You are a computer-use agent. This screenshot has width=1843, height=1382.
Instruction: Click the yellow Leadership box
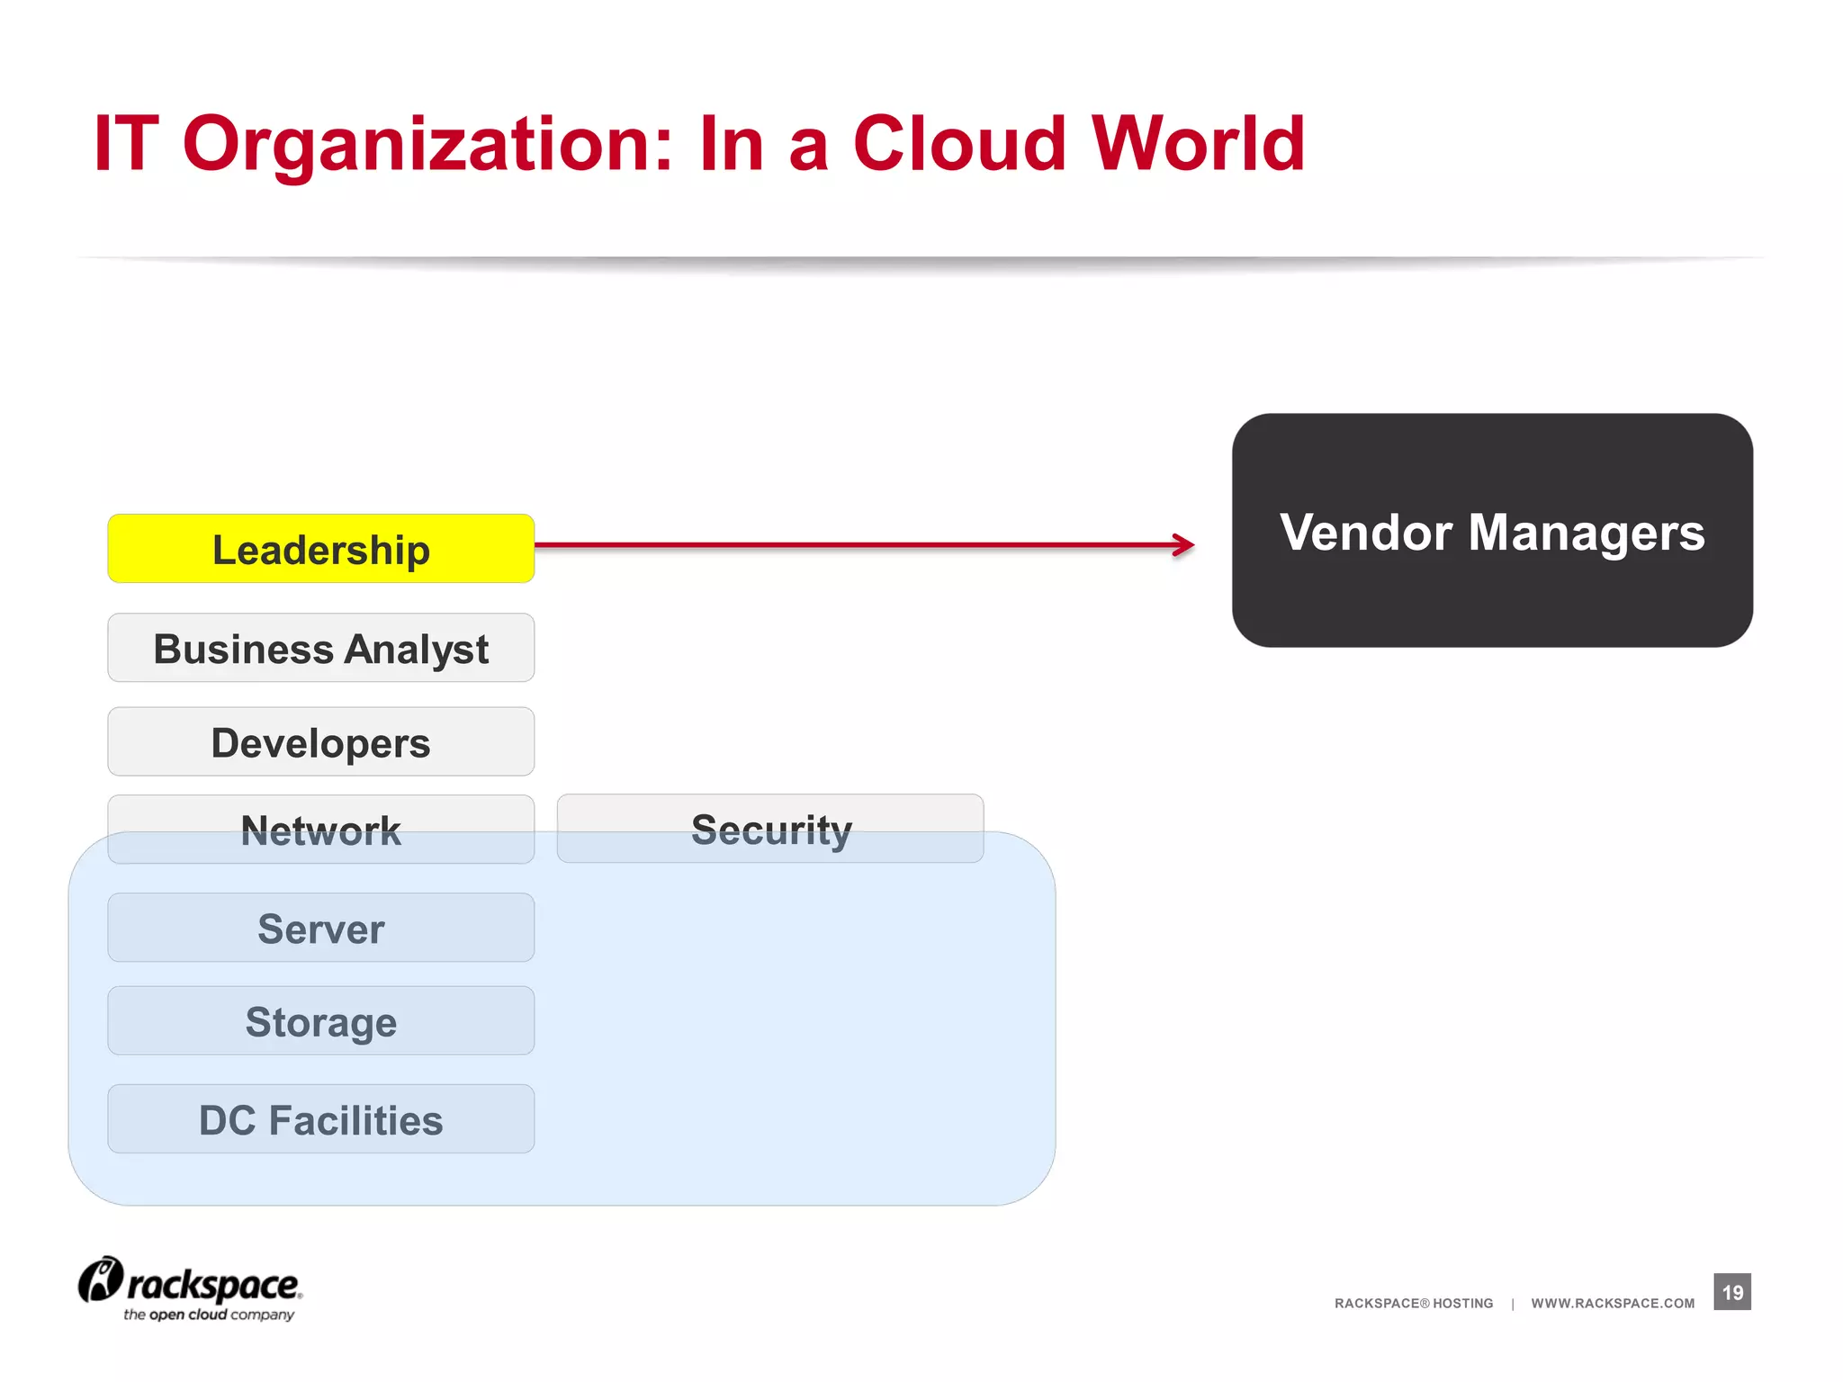320,549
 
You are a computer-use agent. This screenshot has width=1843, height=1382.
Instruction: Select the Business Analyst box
320,648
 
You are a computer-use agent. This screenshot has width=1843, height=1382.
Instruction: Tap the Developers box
320,742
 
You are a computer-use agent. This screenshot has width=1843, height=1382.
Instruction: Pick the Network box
320,829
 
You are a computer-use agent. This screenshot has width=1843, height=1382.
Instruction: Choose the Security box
770,829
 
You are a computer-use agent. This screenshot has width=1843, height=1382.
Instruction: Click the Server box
320,928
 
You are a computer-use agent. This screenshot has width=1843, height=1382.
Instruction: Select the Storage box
320,1021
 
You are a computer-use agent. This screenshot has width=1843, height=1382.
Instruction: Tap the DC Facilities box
320,1119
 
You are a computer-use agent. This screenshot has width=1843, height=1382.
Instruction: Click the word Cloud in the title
959,143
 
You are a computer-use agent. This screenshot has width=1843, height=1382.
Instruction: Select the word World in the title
1199,143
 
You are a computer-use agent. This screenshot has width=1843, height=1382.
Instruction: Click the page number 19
1732,1292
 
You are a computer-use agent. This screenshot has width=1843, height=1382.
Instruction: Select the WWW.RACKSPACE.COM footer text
1613,1303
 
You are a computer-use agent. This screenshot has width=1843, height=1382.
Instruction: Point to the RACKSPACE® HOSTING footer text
1414,1303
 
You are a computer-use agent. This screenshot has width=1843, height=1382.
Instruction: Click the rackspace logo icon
100,1279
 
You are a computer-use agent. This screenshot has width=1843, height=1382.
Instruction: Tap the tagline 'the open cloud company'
209,1315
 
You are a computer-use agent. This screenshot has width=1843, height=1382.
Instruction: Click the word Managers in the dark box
1587,533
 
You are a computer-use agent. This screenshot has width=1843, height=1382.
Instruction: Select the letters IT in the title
126,143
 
